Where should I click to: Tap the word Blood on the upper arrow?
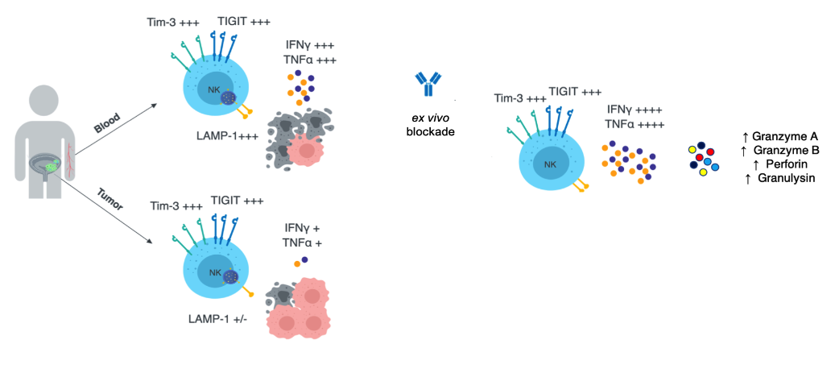106,122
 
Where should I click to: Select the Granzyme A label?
779,136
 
